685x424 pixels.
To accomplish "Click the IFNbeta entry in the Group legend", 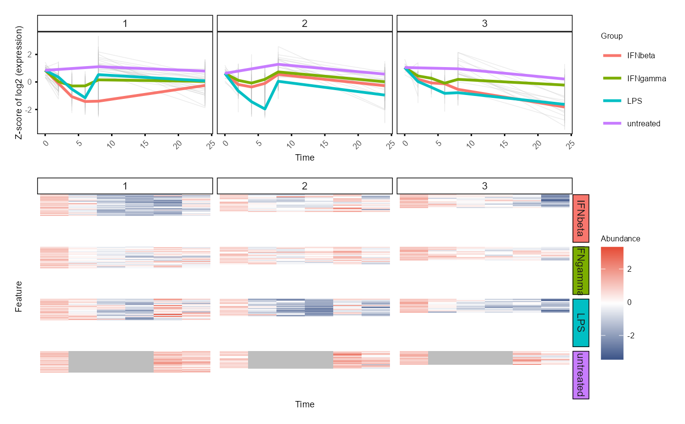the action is (629, 56).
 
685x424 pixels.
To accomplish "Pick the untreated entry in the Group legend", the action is (632, 123).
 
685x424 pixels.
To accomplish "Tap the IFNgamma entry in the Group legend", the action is (634, 79).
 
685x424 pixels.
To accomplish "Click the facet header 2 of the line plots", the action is (304, 23).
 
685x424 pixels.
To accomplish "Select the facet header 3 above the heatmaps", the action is (484, 186).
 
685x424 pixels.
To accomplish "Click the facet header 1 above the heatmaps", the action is (125, 186).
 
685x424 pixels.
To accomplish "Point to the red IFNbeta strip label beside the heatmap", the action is (581, 218).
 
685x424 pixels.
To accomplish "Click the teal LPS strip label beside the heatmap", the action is (581, 323).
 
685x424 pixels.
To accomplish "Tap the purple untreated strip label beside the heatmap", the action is (581, 375).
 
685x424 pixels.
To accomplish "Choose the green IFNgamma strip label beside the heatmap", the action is (581, 270).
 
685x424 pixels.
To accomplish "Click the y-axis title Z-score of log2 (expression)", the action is (19, 83).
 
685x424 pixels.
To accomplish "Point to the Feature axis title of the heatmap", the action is (19, 297).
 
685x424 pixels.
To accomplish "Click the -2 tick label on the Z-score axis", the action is (28, 110).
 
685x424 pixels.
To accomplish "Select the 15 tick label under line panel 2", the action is (324, 144).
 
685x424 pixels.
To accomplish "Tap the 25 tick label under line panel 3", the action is (571, 144).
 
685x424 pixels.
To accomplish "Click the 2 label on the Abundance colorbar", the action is (629, 269).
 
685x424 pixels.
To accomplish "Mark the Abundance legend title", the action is (620, 238).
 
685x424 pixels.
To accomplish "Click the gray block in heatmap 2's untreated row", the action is (291, 360).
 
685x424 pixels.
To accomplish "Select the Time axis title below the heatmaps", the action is (304, 404).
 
